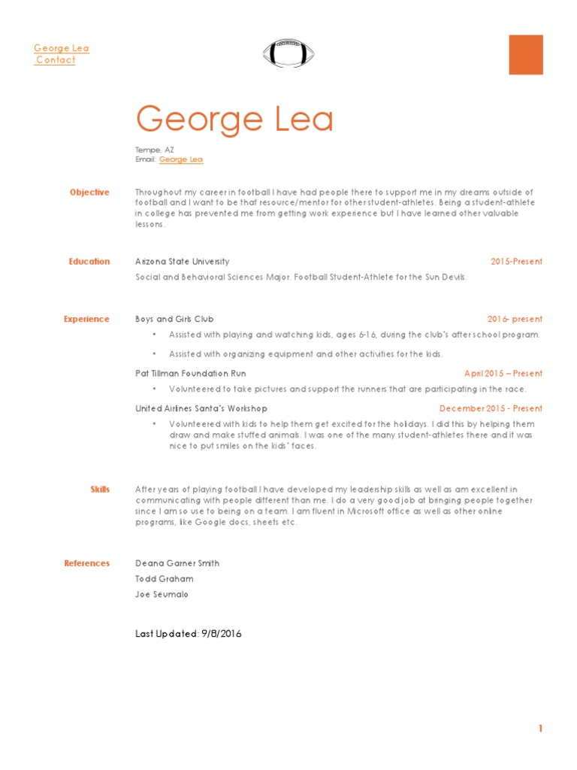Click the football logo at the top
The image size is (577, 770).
(289, 53)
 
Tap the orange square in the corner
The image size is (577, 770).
(525, 55)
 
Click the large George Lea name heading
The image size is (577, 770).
(234, 120)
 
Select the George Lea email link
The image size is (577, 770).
(181, 159)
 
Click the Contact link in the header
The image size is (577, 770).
(56, 60)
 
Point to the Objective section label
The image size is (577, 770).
(89, 192)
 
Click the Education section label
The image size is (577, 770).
(89, 262)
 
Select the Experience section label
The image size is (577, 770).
(86, 319)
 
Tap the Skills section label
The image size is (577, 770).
(100, 490)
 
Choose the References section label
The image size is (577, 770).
(86, 563)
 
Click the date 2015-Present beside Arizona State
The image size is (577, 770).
(516, 262)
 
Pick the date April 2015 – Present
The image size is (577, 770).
(503, 373)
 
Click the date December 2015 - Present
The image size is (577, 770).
(491, 408)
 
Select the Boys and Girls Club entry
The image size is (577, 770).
(174, 319)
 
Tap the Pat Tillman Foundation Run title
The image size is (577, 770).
(190, 373)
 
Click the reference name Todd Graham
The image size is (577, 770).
(164, 579)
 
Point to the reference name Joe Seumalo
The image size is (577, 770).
(162, 594)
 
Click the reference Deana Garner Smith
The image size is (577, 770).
(177, 563)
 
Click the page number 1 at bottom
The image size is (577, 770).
(539, 728)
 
